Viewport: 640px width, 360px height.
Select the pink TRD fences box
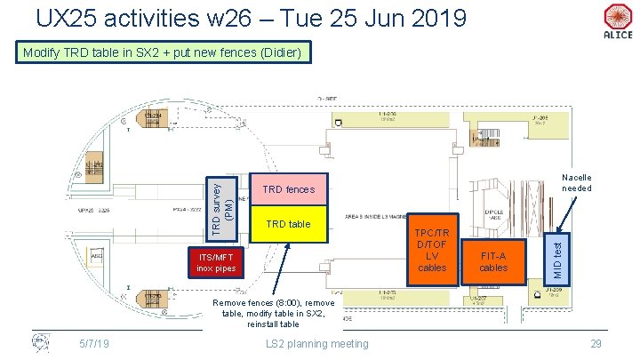coord(290,189)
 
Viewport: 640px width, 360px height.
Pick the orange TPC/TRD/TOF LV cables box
coord(433,250)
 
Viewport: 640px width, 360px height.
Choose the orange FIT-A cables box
coord(493,261)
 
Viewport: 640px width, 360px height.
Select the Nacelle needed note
coord(577,183)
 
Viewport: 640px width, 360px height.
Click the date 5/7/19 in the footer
coord(93,343)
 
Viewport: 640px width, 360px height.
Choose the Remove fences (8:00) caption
coord(275,313)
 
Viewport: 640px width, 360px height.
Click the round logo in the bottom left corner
coord(40,342)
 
